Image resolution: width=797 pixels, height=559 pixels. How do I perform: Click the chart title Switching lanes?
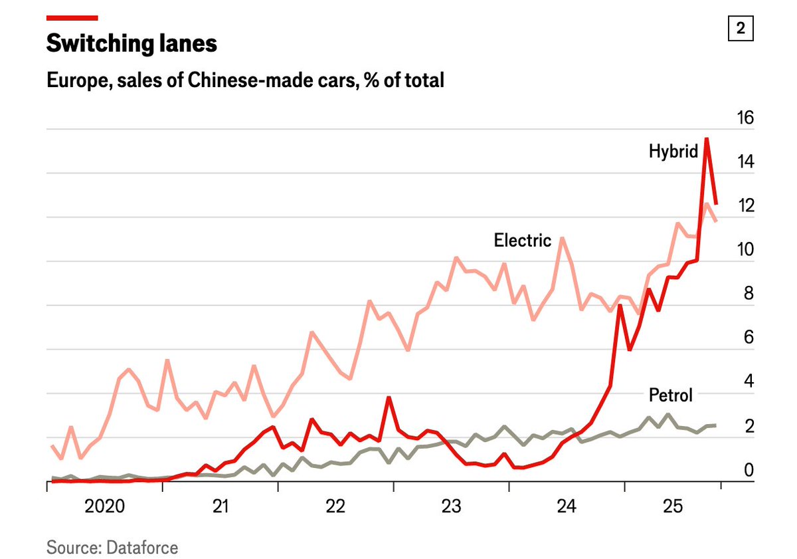coord(132,44)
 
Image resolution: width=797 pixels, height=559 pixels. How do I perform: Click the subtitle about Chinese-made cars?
coord(245,80)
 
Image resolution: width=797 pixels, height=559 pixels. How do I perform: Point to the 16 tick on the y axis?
coord(746,118)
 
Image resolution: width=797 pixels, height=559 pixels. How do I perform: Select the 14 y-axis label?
coord(746,162)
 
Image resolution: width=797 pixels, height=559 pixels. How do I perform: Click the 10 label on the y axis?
coord(746,250)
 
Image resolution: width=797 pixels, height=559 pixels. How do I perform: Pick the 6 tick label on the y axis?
coord(749,338)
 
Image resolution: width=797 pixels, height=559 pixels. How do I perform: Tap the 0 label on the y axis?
coord(749,471)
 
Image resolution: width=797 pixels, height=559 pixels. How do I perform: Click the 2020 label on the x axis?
coord(105,507)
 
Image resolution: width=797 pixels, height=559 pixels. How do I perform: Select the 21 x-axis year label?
coord(221,507)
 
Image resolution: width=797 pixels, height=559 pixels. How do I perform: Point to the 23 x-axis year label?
coord(451,507)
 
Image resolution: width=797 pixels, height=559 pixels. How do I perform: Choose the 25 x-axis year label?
coord(673,507)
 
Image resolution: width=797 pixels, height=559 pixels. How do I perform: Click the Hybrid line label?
coord(673,152)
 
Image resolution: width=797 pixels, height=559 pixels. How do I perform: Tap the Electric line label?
coord(522,240)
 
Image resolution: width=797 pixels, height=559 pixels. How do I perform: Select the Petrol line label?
coord(670,395)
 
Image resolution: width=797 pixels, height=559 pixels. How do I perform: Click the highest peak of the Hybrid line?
coord(707,138)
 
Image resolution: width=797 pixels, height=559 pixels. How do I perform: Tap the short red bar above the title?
coord(72,18)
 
